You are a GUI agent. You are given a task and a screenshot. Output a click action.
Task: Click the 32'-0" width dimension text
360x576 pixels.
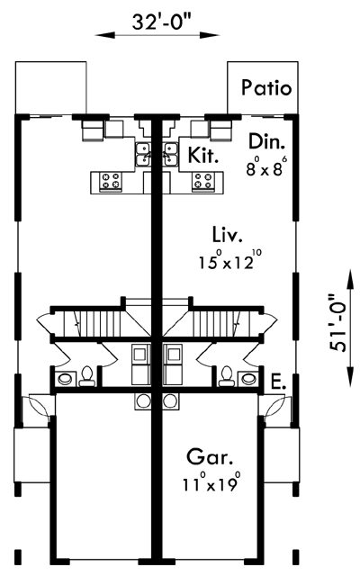(157, 22)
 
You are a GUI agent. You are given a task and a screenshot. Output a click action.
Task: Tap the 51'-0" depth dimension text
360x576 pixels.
(337, 323)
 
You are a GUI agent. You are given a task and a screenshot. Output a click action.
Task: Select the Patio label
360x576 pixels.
(266, 88)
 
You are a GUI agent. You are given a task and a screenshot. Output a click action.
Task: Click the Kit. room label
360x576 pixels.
(203, 155)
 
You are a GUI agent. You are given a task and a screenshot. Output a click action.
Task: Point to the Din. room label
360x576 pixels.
(267, 141)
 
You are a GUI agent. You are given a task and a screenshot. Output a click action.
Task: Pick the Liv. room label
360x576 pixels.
(228, 234)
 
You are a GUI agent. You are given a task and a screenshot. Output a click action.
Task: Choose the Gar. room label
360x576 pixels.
(210, 457)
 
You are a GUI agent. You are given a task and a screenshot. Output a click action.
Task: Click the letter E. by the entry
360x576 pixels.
(278, 382)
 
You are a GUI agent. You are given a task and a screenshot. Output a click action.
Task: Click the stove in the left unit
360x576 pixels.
(111, 182)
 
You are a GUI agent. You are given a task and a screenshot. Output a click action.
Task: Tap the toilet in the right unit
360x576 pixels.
(227, 376)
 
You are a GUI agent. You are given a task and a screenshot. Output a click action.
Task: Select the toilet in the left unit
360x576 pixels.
(87, 376)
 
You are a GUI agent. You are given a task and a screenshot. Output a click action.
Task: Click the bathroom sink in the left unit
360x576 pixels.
(66, 378)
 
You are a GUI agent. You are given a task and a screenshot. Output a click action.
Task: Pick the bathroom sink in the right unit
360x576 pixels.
(248, 378)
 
